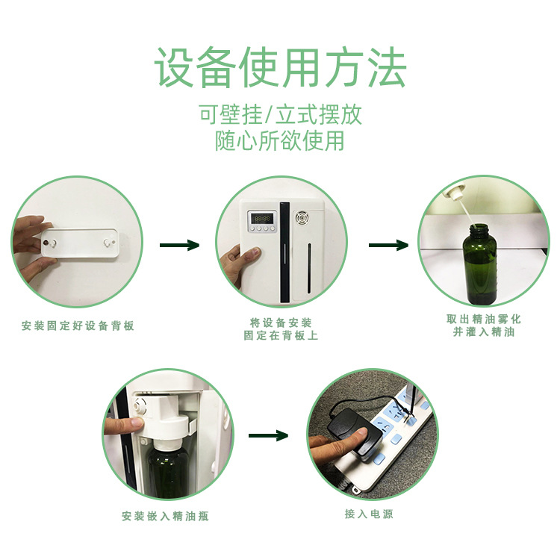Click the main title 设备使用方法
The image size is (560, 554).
pos(280,68)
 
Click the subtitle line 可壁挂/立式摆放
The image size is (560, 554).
pos(280,115)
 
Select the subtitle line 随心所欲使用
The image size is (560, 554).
pos(280,140)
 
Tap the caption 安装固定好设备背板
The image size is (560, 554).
pos(78,326)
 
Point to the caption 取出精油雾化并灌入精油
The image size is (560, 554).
pos(484,326)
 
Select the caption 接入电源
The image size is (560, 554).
pos(369,514)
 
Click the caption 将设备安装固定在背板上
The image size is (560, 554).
pos(281,329)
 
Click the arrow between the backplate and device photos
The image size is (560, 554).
pos(179,245)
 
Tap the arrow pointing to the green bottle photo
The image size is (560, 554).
pos(388,246)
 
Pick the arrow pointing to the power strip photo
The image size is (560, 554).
pos(268,435)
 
